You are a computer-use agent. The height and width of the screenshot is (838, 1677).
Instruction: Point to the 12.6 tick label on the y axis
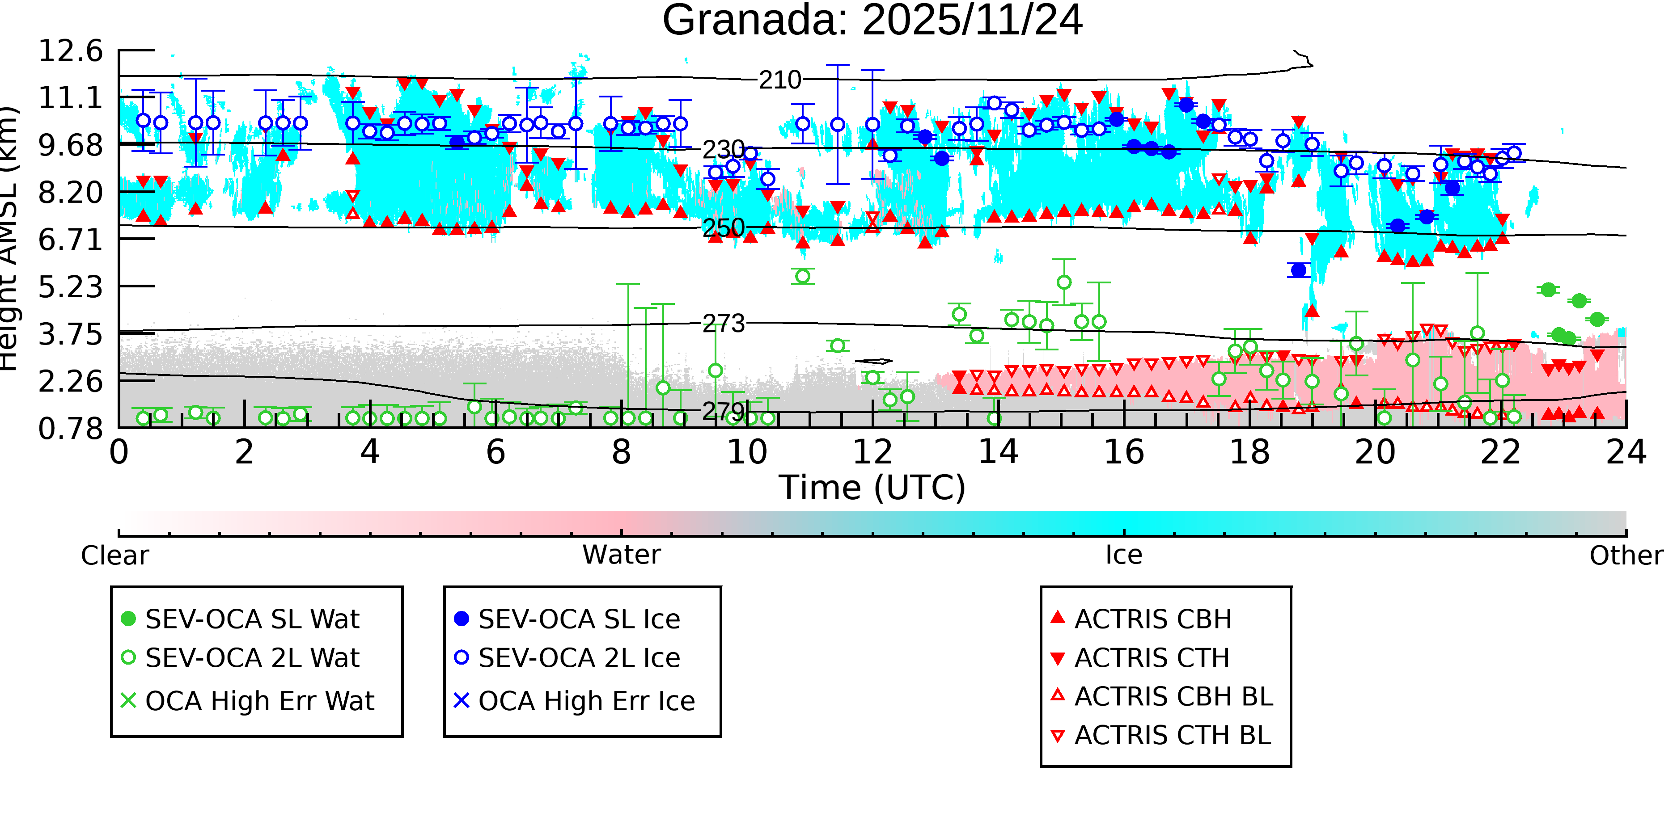pyautogui.click(x=70, y=51)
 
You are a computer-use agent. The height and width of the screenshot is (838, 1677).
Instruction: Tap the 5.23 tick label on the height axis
pyautogui.click(x=70, y=287)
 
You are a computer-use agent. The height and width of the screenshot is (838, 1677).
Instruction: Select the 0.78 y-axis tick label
pyautogui.click(x=70, y=429)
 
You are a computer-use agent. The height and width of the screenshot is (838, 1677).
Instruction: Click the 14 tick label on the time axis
pyautogui.click(x=998, y=452)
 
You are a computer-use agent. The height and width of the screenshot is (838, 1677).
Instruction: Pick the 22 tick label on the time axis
pyautogui.click(x=1500, y=452)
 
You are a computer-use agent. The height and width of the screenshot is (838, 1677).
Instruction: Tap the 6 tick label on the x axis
pyautogui.click(x=495, y=452)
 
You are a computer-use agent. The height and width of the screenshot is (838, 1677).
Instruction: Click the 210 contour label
pyautogui.click(x=780, y=80)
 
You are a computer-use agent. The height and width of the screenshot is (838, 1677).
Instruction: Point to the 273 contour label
pyautogui.click(x=723, y=324)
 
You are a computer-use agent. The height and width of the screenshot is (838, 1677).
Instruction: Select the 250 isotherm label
pyautogui.click(x=723, y=228)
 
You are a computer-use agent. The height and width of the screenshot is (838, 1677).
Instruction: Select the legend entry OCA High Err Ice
pyautogui.click(x=586, y=701)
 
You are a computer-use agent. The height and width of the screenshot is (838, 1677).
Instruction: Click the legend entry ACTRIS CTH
pyautogui.click(x=1152, y=658)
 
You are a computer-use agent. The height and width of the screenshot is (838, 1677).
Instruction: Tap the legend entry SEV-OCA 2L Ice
pyautogui.click(x=579, y=658)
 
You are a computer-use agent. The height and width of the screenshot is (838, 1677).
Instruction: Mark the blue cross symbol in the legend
pyautogui.click(x=461, y=701)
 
